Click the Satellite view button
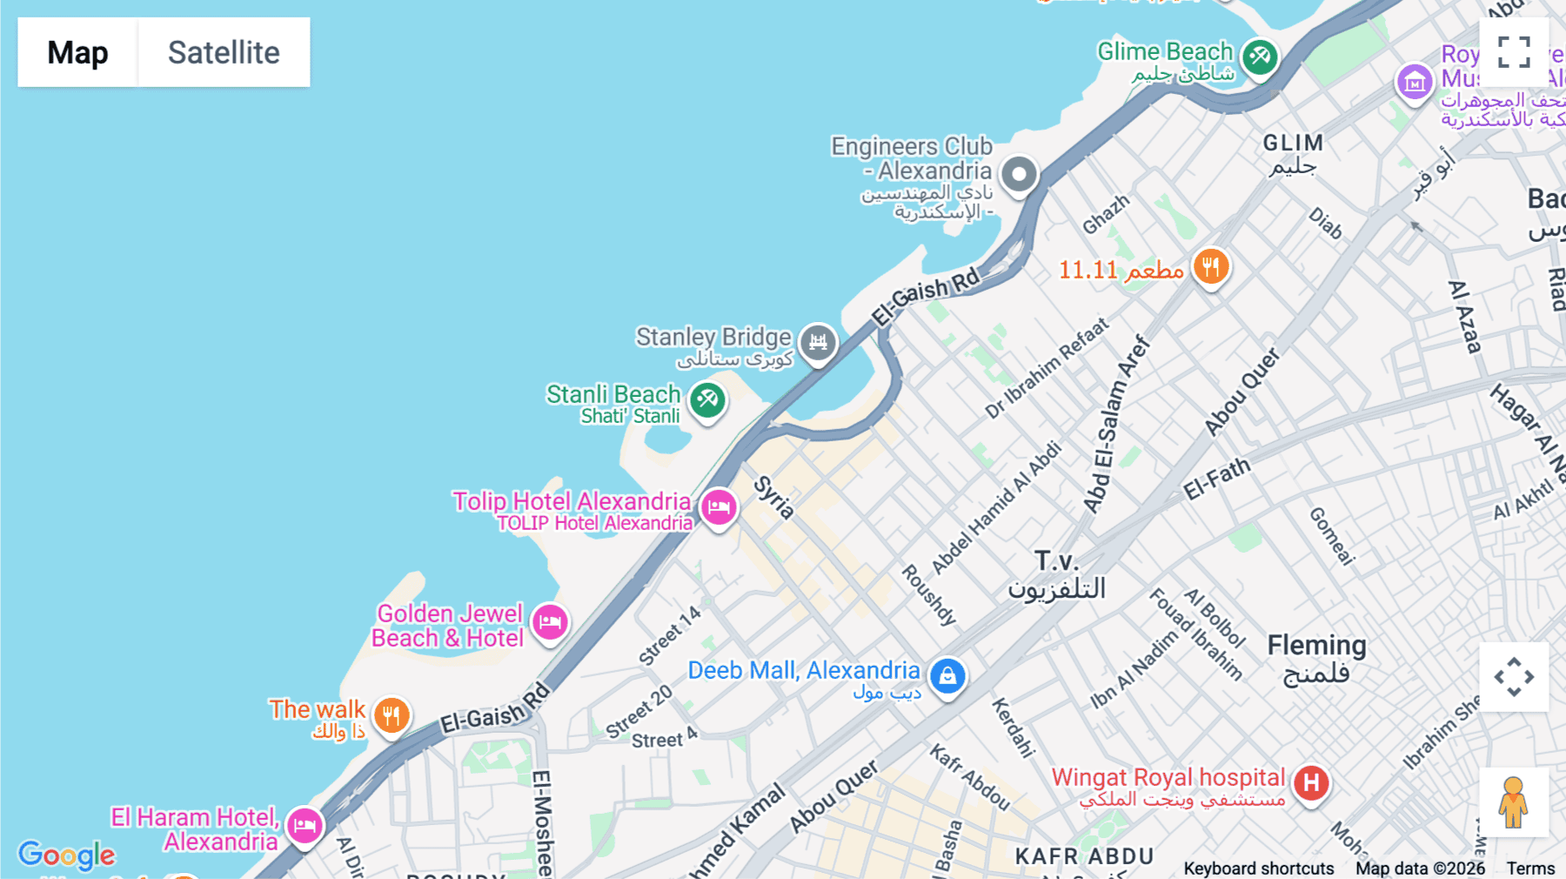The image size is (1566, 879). [x=224, y=52]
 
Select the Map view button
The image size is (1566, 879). [x=77, y=52]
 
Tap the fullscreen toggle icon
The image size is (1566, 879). [x=1514, y=52]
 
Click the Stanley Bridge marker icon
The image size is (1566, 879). [x=818, y=342]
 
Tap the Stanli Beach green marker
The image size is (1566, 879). [x=707, y=400]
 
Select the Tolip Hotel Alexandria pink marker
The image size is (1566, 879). [x=719, y=507]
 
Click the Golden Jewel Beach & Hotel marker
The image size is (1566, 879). [x=550, y=622]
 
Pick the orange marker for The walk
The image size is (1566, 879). [x=391, y=715]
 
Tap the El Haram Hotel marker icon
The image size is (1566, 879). [x=304, y=824]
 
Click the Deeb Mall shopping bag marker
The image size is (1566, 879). [x=947, y=675]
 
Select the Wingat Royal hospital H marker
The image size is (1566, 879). [x=1311, y=783]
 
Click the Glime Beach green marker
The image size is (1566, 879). [x=1259, y=57]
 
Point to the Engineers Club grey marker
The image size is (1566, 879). [x=1019, y=174]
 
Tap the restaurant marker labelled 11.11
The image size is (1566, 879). [x=1210, y=266]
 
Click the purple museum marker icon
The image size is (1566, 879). [x=1415, y=83]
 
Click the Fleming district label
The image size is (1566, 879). [x=1316, y=646]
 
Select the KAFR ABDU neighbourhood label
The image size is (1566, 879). [x=1084, y=856]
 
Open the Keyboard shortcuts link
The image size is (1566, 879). [x=1258, y=868]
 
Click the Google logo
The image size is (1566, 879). [x=67, y=855]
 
